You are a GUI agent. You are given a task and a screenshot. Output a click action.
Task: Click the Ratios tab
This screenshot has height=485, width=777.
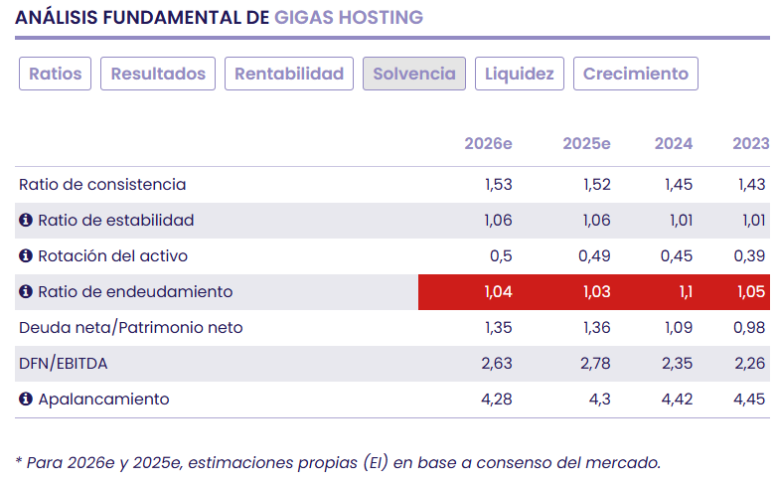click(56, 74)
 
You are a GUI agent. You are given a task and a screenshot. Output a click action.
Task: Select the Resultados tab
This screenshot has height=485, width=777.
click(158, 74)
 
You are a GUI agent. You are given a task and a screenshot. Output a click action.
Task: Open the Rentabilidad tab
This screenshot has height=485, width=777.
click(289, 74)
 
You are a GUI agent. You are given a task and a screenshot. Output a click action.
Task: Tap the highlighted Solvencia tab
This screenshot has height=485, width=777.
click(414, 74)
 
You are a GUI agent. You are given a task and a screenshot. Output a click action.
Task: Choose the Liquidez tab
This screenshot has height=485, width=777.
click(520, 74)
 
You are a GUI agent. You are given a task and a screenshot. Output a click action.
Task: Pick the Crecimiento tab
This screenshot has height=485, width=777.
click(636, 74)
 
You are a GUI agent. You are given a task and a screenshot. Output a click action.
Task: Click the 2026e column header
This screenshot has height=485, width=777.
click(488, 144)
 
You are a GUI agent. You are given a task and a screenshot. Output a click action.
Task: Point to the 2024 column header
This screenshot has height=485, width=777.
click(674, 144)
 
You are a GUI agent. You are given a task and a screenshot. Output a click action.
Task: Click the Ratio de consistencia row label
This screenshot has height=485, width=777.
click(102, 185)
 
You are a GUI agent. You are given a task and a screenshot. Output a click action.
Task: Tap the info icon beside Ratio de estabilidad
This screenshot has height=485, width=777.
click(26, 221)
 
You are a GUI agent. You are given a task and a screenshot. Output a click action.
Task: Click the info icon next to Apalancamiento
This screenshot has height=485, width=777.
click(26, 400)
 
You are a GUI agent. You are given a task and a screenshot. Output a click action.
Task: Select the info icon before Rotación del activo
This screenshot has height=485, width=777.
click(26, 256)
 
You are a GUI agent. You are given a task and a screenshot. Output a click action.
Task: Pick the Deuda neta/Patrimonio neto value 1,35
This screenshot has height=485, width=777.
click(496, 328)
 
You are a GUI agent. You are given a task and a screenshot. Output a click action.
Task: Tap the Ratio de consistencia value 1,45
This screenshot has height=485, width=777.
click(677, 185)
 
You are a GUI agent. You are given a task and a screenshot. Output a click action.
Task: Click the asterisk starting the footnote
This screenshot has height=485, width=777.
click(19, 461)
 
